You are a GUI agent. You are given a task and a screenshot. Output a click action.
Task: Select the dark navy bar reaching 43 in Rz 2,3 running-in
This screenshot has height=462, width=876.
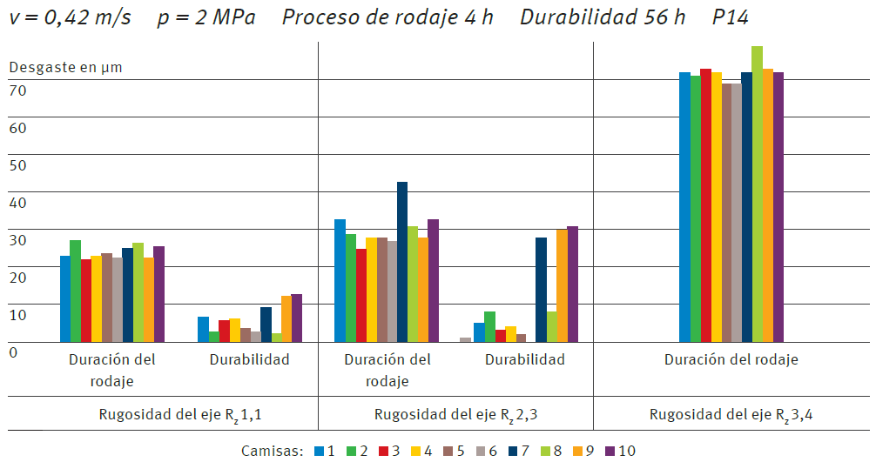click(x=402, y=262)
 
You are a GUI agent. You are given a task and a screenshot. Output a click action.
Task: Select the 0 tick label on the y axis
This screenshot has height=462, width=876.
click(x=13, y=352)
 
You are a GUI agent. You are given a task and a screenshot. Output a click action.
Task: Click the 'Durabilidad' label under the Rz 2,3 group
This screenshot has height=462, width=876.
click(x=525, y=359)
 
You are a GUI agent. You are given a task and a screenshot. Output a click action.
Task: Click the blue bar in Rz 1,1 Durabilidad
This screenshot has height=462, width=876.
click(x=203, y=330)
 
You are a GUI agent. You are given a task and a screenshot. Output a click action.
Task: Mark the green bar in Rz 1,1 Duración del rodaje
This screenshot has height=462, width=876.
click(x=76, y=291)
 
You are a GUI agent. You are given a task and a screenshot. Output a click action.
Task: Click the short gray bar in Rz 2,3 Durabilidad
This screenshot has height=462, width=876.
click(x=465, y=340)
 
